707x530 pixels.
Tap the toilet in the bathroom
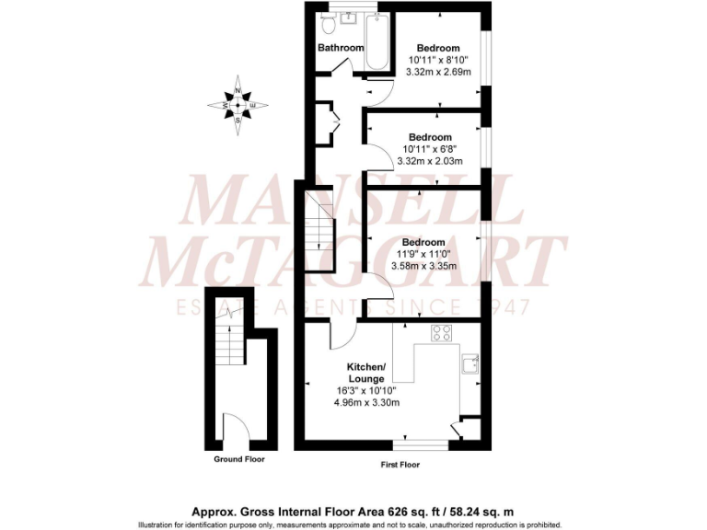click(329, 28)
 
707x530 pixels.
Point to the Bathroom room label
click(341, 48)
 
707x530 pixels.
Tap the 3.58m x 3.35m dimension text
click(423, 267)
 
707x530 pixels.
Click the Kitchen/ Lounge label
click(366, 372)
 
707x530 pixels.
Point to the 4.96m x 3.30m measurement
click(367, 402)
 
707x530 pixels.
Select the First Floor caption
click(400, 465)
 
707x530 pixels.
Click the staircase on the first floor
click(319, 231)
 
